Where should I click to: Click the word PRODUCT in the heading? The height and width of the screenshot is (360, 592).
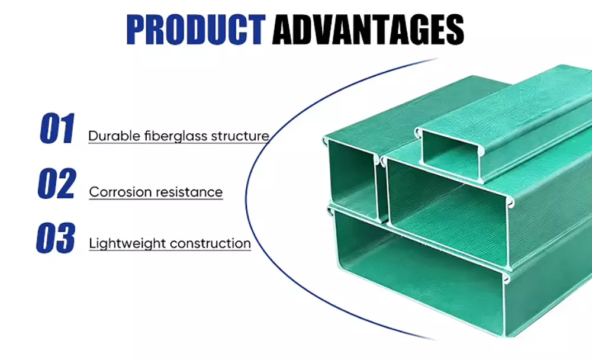[196, 30]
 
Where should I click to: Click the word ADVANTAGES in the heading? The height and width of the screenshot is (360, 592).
[368, 30]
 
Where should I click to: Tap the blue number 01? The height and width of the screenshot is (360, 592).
[57, 128]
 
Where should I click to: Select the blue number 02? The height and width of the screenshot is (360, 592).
[57, 183]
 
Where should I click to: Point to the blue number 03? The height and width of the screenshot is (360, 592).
[56, 238]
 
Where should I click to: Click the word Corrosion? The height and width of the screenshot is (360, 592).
[120, 192]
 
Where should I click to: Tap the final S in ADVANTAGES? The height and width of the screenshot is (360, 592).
[455, 30]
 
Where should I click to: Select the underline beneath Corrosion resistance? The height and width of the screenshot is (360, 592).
[156, 199]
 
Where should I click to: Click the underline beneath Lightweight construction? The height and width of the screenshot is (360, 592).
[170, 250]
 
